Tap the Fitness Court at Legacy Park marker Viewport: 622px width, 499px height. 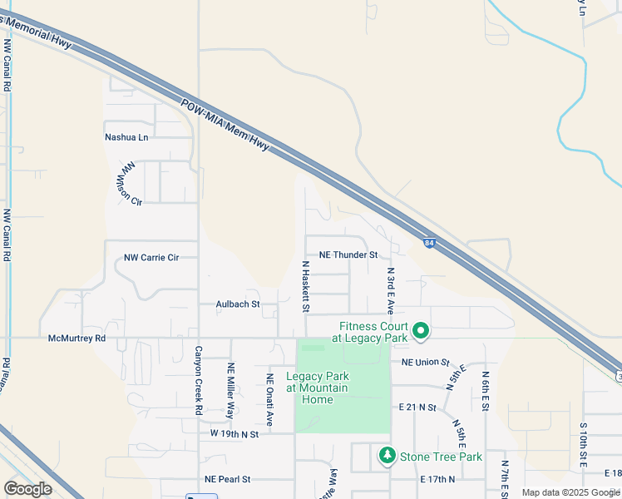(x=421, y=332)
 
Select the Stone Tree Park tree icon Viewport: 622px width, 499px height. (x=387, y=456)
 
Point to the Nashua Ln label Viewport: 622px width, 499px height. (x=126, y=137)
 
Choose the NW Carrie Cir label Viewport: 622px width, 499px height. (x=151, y=258)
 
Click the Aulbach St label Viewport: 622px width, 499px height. (x=238, y=304)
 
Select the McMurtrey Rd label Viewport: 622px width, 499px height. (x=77, y=338)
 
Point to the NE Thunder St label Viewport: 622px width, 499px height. (x=349, y=254)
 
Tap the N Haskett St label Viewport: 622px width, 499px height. (x=306, y=287)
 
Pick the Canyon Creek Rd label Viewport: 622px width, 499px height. (x=200, y=381)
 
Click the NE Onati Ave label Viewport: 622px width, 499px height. (x=269, y=399)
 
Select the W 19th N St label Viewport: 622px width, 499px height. (x=234, y=434)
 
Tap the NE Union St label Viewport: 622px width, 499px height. (x=425, y=363)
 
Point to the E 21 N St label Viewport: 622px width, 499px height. (x=417, y=408)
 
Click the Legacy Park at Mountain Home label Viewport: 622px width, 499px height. (x=318, y=388)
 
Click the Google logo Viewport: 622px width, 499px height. (x=28, y=489)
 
